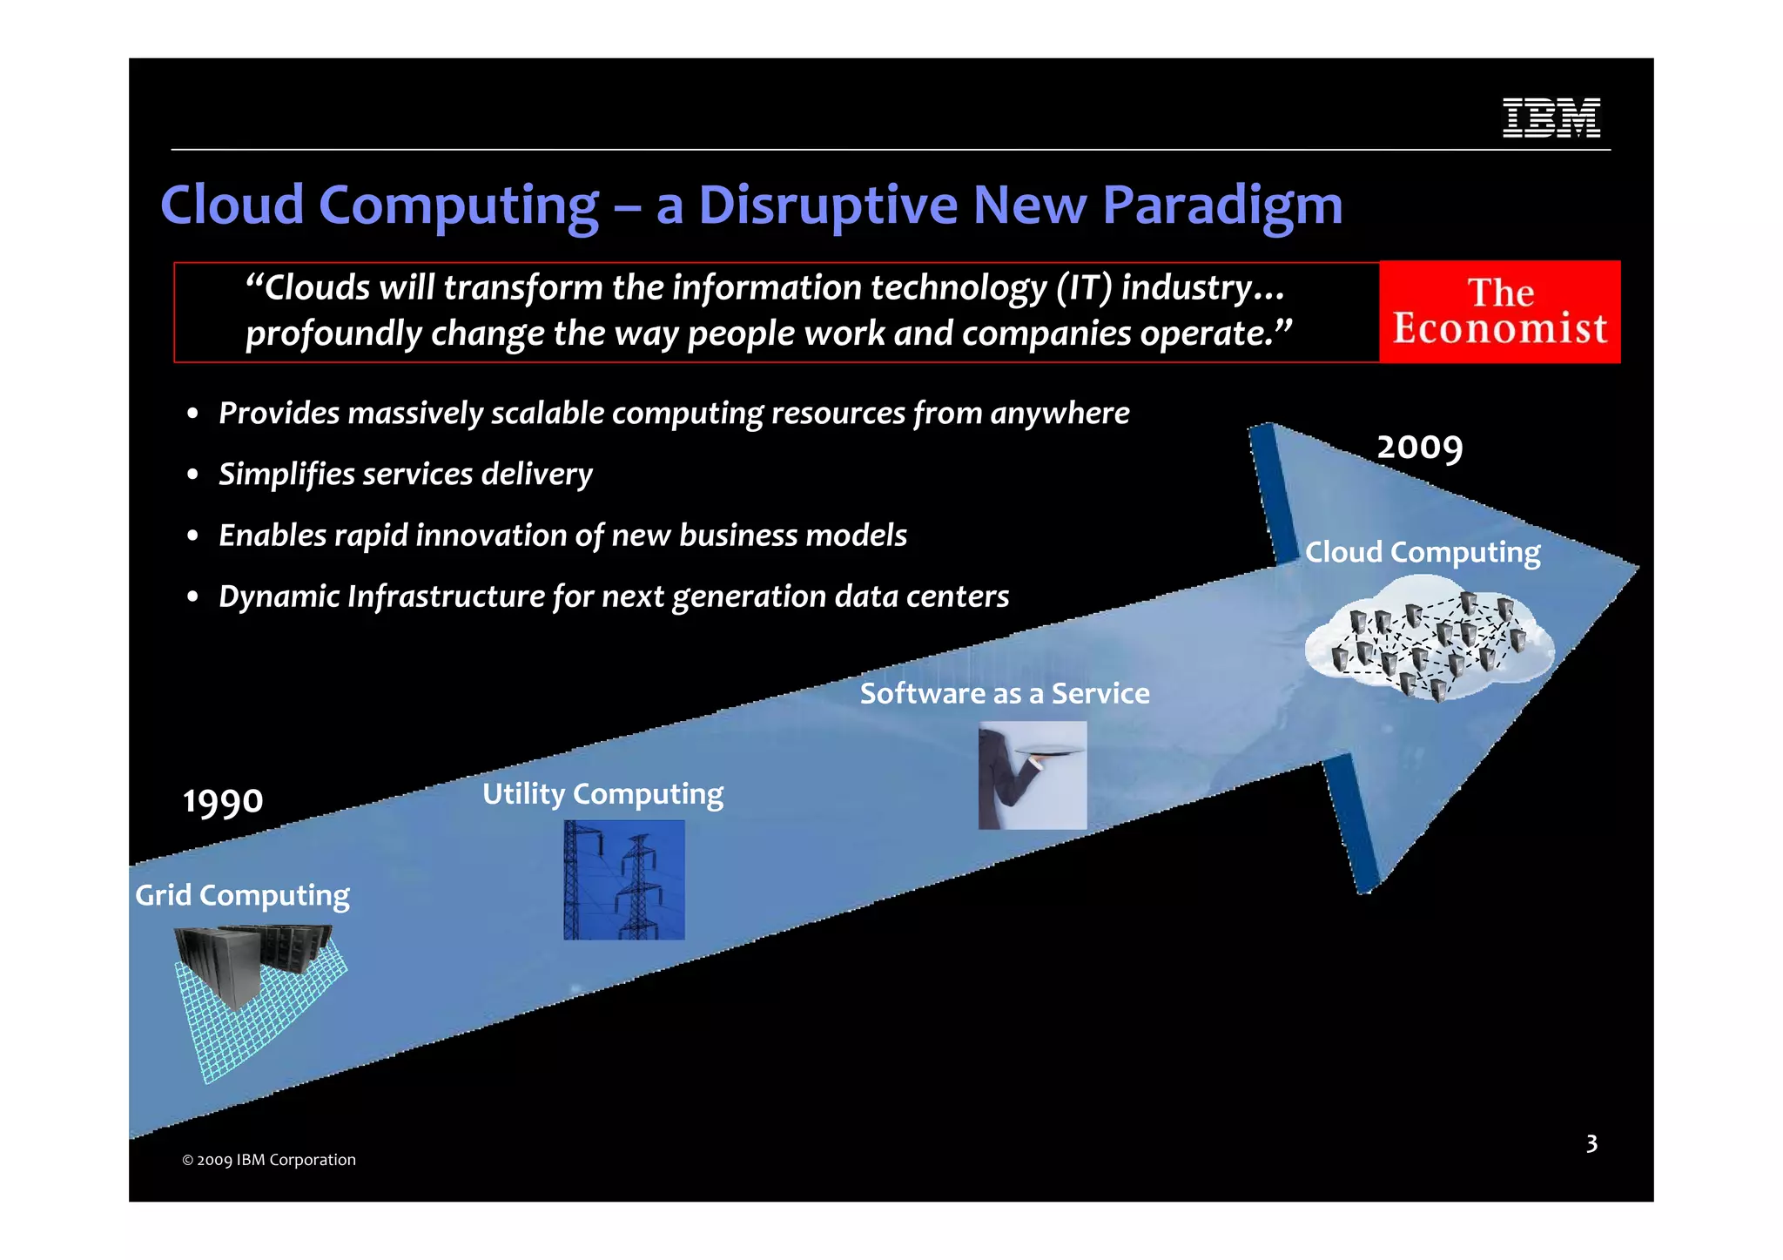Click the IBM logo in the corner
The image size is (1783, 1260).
1551,118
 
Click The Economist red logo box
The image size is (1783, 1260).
1499,312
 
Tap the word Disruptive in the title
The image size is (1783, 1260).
827,206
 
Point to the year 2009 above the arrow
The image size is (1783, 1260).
1419,448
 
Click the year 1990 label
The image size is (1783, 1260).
223,801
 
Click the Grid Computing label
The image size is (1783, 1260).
242,896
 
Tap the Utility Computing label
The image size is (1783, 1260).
602,794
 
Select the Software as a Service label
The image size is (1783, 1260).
1004,694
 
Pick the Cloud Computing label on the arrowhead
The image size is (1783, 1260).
1422,553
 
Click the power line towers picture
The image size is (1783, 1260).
623,879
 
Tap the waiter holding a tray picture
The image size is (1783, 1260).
1032,775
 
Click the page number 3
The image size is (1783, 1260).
1591,1143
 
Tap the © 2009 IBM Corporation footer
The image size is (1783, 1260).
268,1160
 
